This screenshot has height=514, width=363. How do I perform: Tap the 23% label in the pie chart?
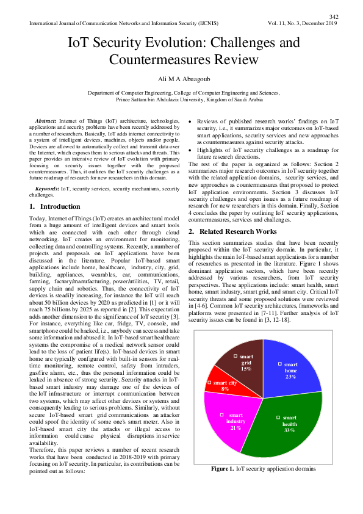coord(290,377)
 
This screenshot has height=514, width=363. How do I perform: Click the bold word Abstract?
coord(47,123)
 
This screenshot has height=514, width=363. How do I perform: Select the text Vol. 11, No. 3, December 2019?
coord(303,23)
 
